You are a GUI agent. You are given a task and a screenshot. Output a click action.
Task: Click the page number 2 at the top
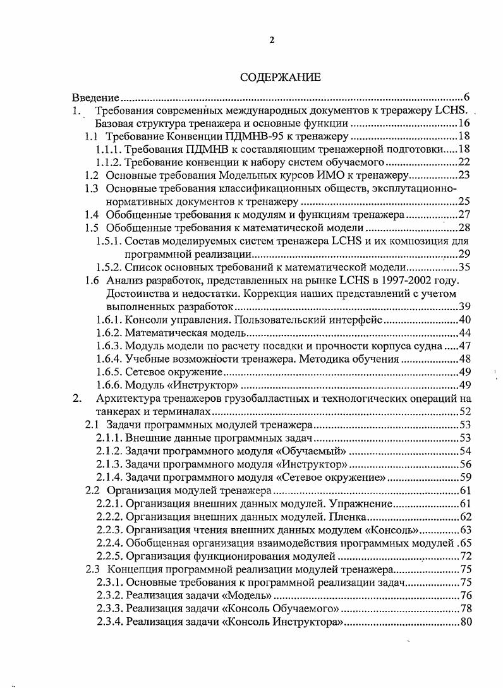272,40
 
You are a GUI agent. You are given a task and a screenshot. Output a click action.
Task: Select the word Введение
95,98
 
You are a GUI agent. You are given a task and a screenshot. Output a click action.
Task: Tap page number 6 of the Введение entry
466,98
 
